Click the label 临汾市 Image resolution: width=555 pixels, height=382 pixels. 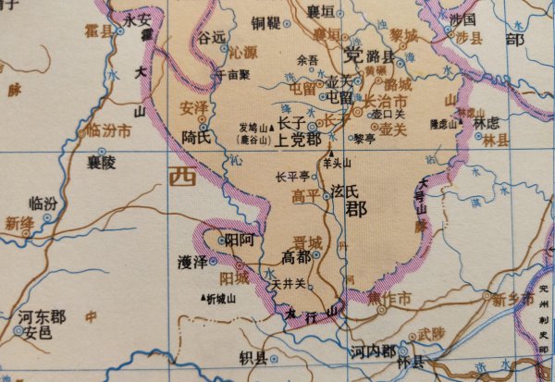tap(109, 130)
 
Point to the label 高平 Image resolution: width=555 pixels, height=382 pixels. tap(305, 195)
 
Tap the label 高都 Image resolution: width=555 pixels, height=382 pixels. tap(298, 256)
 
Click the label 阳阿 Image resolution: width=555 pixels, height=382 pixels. tap(240, 240)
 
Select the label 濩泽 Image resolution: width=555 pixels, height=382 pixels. tap(191, 262)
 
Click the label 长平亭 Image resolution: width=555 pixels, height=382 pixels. tap(293, 176)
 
